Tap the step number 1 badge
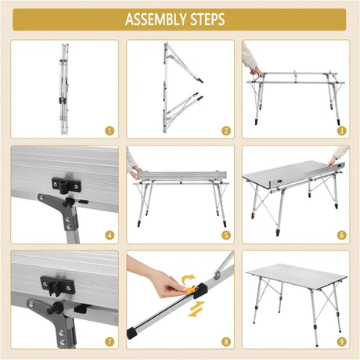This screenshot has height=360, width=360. click(110, 131)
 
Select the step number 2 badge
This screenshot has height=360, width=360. click(226, 131)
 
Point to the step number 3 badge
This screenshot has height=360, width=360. click(342, 131)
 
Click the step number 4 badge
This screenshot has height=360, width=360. click(110, 236)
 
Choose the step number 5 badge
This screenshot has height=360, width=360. click(226, 236)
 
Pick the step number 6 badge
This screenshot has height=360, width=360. click(342, 236)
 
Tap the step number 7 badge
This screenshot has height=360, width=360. click(110, 341)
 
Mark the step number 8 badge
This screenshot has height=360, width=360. click(226, 341)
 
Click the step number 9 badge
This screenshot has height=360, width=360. click(342, 341)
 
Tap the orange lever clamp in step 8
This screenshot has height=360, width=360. click(191, 290)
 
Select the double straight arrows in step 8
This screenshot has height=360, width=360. click(196, 309)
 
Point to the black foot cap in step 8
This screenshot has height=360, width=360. click(132, 333)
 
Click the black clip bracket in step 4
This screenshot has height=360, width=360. click(67, 185)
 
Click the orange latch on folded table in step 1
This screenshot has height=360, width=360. click(62, 101)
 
